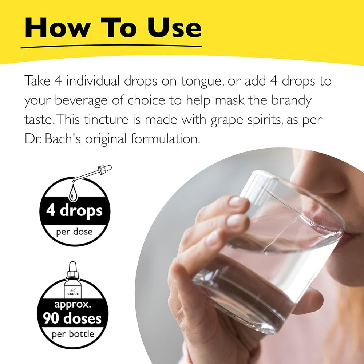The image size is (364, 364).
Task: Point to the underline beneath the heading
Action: [x=111, y=47]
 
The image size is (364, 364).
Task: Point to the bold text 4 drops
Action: [x=74, y=211]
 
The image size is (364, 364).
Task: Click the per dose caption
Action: [x=74, y=232]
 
